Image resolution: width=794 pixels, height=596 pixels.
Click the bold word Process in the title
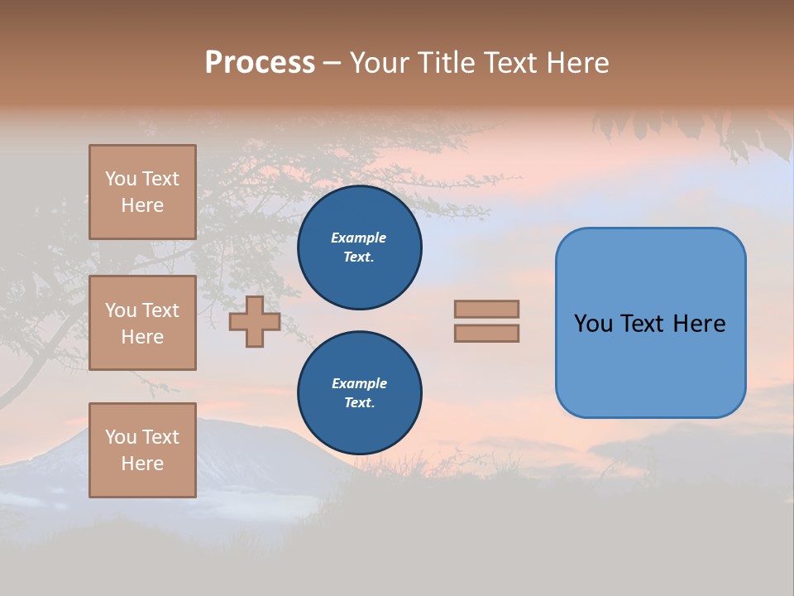260,63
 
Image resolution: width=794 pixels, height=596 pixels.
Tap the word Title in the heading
447,63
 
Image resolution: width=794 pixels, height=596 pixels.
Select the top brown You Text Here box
142,192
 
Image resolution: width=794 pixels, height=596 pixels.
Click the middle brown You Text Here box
142,323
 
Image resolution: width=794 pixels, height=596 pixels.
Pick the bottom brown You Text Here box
142,450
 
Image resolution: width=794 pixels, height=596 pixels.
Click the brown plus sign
255,322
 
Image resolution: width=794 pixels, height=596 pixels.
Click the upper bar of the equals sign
486,310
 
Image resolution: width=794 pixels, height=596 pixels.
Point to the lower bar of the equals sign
486,334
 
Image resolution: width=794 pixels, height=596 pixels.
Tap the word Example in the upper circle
358,238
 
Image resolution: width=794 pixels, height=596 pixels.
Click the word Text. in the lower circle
359,402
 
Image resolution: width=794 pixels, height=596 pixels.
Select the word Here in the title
578,63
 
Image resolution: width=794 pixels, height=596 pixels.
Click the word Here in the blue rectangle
699,324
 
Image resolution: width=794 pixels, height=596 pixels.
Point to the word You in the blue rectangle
593,324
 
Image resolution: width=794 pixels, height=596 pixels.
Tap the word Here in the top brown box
142,205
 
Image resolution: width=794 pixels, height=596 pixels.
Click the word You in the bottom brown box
121,437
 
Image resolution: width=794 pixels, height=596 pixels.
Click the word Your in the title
380,63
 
